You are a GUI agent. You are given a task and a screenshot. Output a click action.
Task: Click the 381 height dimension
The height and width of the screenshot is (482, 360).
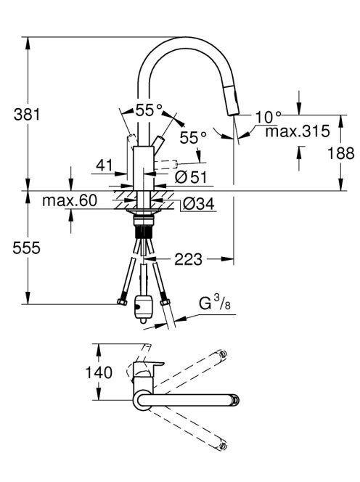pyautogui.click(x=27, y=115)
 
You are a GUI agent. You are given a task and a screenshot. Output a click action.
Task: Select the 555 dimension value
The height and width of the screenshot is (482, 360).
pyautogui.click(x=26, y=248)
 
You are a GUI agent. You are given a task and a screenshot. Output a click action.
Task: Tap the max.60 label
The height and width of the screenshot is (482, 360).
pyautogui.click(x=70, y=200)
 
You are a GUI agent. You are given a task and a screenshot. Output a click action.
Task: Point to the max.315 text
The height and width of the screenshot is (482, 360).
pyautogui.click(x=298, y=131)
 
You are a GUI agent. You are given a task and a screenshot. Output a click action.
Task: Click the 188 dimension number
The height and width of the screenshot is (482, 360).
pyautogui.click(x=341, y=152)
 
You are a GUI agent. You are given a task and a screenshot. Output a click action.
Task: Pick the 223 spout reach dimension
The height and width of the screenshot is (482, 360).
pyautogui.click(x=189, y=259)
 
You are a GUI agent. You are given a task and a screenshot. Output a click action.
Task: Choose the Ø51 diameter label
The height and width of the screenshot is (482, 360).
pyautogui.click(x=191, y=176)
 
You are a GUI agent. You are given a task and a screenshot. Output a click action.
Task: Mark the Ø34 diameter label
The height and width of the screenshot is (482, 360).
pyautogui.click(x=199, y=203)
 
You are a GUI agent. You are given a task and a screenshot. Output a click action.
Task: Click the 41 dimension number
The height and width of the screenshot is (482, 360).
pyautogui.click(x=105, y=166)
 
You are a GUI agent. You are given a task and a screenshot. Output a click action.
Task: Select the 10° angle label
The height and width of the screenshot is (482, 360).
pyautogui.click(x=268, y=116)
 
